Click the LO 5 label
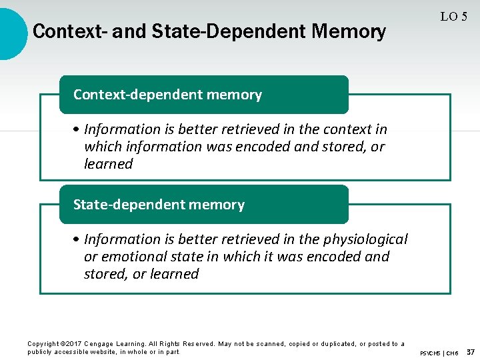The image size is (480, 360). click(453, 17)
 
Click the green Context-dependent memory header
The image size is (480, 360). click(203, 95)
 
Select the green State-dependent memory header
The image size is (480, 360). click(203, 205)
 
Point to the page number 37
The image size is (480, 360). click(470, 351)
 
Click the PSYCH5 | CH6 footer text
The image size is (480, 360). click(439, 353)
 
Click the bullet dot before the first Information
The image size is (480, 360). click(77, 129)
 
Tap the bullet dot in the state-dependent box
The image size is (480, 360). click(77, 239)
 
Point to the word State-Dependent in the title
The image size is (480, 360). click(225, 31)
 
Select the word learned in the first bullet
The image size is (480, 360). click(108, 163)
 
